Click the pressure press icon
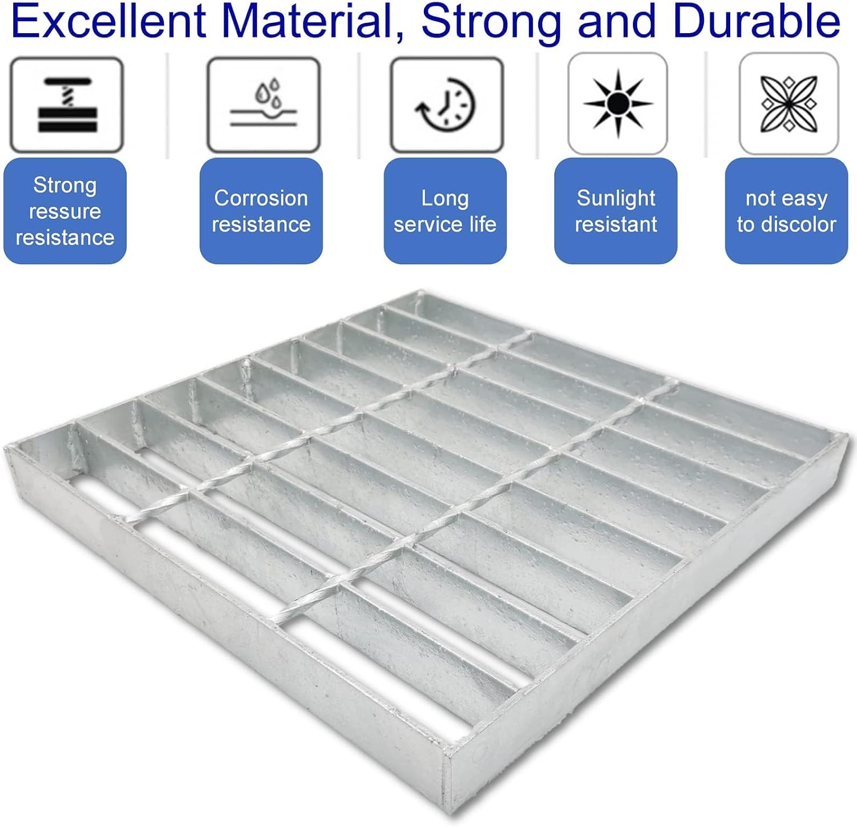(x=67, y=105)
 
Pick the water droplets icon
(x=263, y=105)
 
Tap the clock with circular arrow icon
(x=447, y=105)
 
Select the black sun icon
(x=618, y=103)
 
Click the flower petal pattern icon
(x=789, y=103)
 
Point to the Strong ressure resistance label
(x=65, y=211)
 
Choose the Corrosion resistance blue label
(x=261, y=211)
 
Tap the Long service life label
(x=445, y=211)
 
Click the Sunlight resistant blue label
(x=616, y=211)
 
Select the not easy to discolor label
(x=786, y=211)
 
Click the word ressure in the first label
(x=65, y=212)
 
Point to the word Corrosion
(x=261, y=198)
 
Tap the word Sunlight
(x=616, y=199)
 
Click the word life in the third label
(x=483, y=224)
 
